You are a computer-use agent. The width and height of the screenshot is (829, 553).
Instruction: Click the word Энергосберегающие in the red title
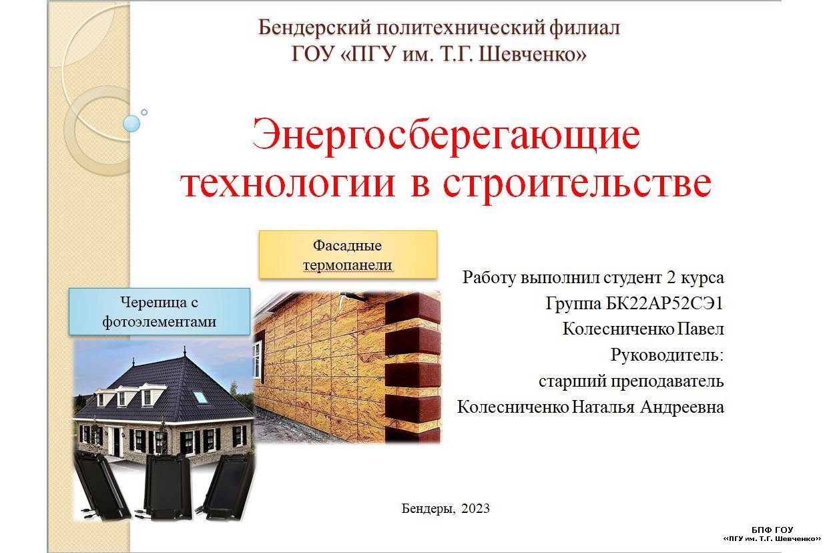click(x=446, y=138)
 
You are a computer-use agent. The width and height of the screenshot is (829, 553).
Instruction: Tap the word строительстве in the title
click(x=577, y=185)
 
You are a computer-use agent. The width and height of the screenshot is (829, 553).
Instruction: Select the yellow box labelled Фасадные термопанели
click(x=348, y=254)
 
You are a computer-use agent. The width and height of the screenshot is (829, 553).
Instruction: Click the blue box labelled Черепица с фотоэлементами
click(x=160, y=311)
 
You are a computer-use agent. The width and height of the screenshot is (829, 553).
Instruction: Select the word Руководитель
click(x=667, y=355)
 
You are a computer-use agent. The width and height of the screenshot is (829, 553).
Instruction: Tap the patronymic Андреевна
click(x=682, y=407)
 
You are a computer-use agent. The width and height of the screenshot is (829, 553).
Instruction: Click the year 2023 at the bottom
click(x=475, y=508)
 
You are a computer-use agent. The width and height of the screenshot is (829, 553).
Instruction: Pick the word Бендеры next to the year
click(x=429, y=509)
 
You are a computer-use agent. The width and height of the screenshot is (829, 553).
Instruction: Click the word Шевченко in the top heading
click(x=533, y=53)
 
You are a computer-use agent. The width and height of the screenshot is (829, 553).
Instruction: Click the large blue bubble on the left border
click(x=131, y=124)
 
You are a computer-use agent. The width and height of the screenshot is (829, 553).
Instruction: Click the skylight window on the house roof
click(x=200, y=397)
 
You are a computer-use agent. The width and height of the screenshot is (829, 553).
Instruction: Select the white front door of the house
click(x=117, y=442)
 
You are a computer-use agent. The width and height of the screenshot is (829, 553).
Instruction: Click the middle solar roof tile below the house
click(x=168, y=486)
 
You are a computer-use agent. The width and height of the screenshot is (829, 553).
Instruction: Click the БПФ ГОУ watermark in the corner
click(x=772, y=534)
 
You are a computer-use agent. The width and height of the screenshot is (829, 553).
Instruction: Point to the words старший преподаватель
click(x=631, y=381)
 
